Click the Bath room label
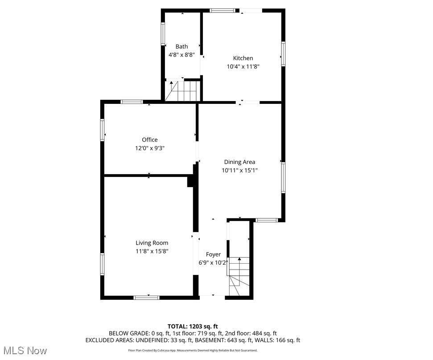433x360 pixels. click(x=181, y=46)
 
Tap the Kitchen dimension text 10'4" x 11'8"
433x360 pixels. click(x=243, y=66)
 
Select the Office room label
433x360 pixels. click(x=150, y=140)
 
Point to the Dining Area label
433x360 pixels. click(x=239, y=162)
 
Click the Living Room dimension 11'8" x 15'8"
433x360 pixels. click(x=152, y=251)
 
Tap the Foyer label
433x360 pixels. click(x=213, y=254)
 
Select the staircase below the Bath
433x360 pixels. click(x=182, y=90)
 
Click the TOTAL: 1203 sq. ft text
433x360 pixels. click(x=193, y=326)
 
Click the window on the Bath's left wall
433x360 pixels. click(x=163, y=34)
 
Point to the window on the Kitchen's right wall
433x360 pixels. click(x=283, y=54)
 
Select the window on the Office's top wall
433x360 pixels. click(x=132, y=102)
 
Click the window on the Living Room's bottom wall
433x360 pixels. click(x=147, y=297)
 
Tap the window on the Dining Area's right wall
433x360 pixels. click(x=283, y=178)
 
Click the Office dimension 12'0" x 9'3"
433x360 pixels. click(x=150, y=148)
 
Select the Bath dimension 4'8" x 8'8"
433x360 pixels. click(x=181, y=55)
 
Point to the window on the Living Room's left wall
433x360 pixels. click(x=102, y=264)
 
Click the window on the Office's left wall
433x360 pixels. click(x=102, y=130)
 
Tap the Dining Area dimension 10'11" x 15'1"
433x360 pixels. click(x=239, y=170)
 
